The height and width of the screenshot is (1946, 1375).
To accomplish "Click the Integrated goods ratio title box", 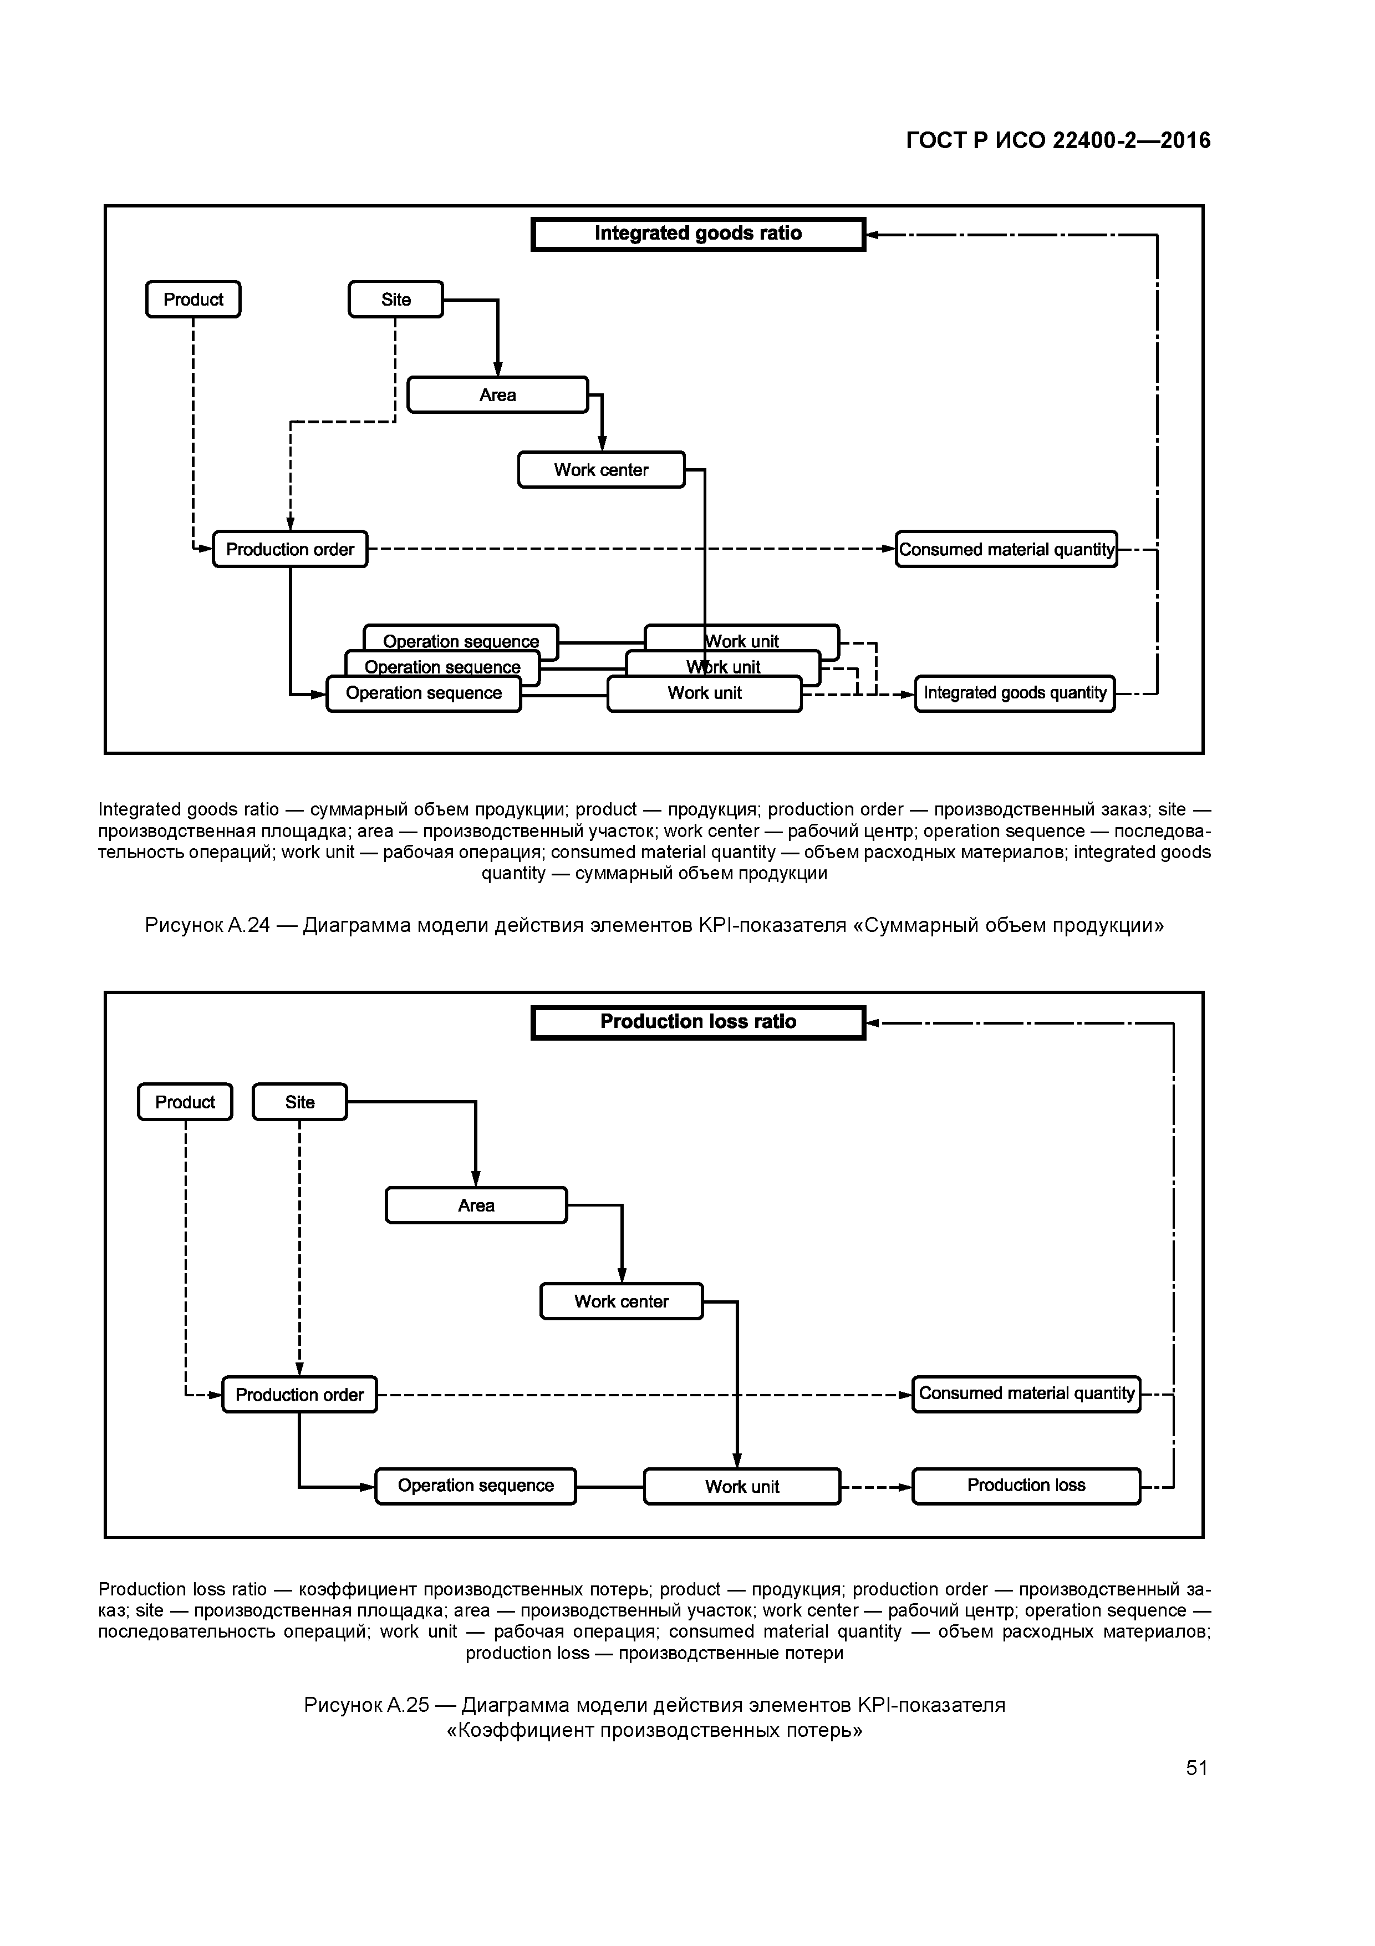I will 697,234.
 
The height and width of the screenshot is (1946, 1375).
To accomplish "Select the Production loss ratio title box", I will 697,1022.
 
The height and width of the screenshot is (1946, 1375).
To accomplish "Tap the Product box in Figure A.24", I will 193,299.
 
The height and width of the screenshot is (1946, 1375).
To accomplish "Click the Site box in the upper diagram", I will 396,299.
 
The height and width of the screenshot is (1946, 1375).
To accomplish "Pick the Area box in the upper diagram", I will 497,395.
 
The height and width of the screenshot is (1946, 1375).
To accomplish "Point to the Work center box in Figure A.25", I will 621,1301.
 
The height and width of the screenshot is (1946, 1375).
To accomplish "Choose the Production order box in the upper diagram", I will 290,549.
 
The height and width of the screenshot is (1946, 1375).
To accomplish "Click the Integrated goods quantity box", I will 1014,693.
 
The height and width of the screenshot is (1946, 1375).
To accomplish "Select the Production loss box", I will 1026,1485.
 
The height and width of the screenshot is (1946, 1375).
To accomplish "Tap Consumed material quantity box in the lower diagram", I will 1026,1393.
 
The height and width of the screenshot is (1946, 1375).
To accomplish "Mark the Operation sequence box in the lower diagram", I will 475,1486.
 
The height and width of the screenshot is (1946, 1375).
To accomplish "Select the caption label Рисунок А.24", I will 207,925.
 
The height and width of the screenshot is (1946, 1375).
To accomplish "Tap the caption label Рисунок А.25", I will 366,1705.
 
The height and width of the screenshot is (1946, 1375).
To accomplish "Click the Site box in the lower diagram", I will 300,1102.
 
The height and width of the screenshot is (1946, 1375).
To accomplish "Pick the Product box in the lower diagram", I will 185,1102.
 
